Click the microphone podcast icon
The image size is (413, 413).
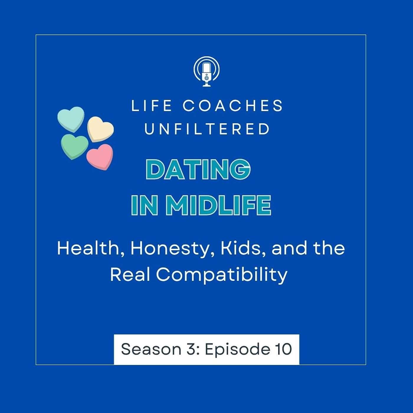click(206, 72)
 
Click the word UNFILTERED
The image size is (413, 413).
click(207, 129)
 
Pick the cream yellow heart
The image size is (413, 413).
click(100, 129)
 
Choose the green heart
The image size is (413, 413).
click(75, 147)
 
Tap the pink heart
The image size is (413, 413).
click(100, 157)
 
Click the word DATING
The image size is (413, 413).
click(198, 169)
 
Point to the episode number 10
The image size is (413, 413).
click(283, 349)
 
